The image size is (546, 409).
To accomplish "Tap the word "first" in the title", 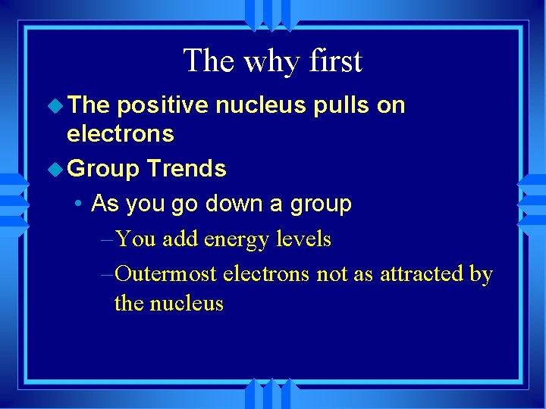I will pos(333,61).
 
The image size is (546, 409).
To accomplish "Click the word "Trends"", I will pos(187,168).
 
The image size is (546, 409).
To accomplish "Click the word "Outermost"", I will pos(168,273).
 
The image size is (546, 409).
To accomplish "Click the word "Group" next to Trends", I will pos(104,168).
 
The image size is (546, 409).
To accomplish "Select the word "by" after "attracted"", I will pos(481,273).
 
